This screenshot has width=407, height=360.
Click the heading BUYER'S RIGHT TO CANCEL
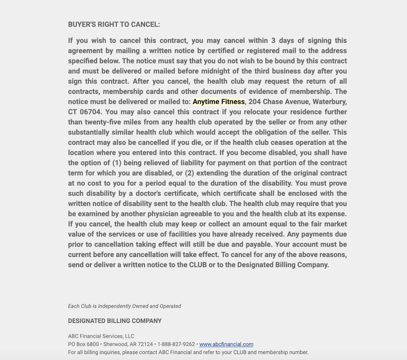pos(114,25)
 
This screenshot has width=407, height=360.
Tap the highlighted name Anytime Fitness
pos(219,102)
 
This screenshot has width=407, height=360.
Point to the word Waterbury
pos(329,102)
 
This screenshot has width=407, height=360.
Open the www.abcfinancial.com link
pos(226,344)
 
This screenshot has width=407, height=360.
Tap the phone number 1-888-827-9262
pos(176,344)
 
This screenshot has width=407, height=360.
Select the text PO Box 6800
pos(83,344)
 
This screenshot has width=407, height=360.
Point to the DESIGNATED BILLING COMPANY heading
pos(115,321)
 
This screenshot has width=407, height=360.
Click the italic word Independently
pos(114,306)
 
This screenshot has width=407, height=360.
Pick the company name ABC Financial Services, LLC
pos(101,336)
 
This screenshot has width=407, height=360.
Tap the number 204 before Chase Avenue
pos(254,102)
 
